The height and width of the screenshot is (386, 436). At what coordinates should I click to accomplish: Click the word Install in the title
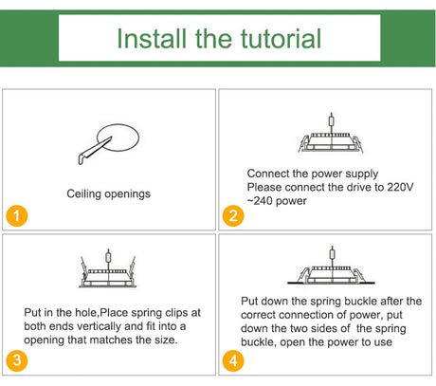(152, 39)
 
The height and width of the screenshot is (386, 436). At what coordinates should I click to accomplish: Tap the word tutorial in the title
(282, 39)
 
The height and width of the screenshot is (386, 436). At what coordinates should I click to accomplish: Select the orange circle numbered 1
(17, 216)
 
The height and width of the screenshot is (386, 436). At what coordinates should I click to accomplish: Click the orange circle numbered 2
(233, 216)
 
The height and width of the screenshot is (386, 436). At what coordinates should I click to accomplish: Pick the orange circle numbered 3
(17, 360)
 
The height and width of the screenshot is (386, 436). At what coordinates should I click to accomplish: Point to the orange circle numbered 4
(233, 360)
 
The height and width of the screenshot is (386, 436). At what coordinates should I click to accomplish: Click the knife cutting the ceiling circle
(94, 151)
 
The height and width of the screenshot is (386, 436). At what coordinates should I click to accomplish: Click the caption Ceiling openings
(108, 193)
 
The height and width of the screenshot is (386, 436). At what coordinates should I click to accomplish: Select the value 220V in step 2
(400, 187)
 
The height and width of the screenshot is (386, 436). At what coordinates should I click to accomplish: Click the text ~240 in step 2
(261, 201)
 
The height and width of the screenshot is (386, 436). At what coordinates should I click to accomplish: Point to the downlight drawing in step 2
(331, 134)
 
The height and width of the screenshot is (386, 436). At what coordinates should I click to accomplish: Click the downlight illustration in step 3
(108, 268)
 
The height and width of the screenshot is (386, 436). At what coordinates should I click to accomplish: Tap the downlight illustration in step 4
(331, 266)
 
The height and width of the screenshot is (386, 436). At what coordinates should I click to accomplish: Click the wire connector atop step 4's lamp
(332, 253)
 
